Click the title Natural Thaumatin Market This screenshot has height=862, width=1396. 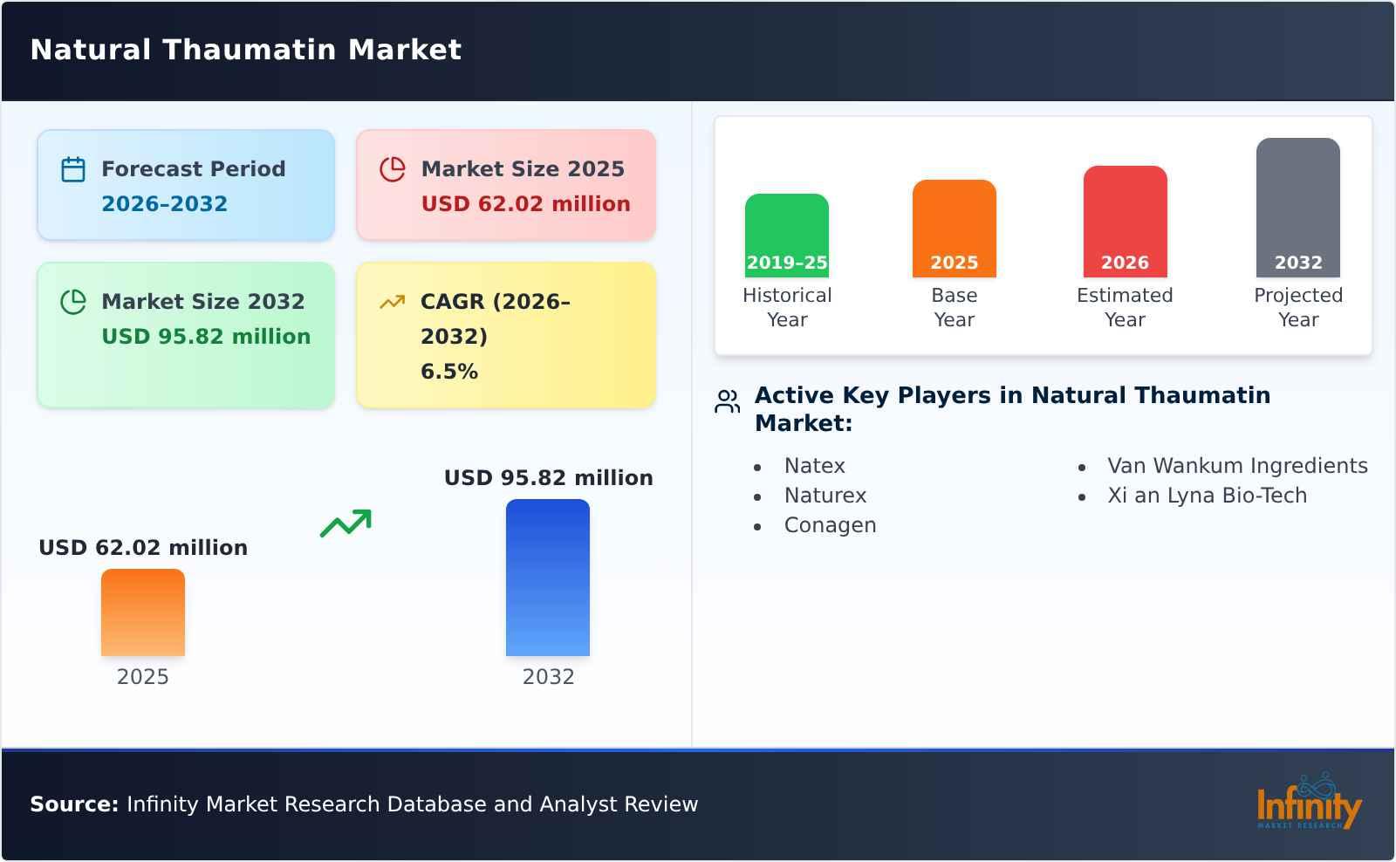(x=245, y=50)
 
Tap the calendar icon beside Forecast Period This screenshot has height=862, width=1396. (x=73, y=169)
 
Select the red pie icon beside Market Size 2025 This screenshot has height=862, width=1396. (x=393, y=169)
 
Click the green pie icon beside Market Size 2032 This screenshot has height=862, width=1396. (x=73, y=302)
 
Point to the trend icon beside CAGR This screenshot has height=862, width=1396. (x=393, y=302)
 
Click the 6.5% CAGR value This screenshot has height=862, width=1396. (x=449, y=372)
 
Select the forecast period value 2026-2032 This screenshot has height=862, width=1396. (x=165, y=204)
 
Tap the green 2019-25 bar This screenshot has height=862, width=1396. (x=786, y=236)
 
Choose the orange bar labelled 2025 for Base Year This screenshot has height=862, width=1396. (x=955, y=229)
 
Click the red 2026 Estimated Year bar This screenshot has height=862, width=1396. (x=1125, y=222)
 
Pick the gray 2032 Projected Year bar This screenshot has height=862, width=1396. (x=1298, y=208)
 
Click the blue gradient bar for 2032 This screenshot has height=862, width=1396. (x=548, y=578)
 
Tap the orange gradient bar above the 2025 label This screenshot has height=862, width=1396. (x=143, y=612)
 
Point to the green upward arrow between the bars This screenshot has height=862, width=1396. (x=346, y=523)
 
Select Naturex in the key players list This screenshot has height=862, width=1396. (x=825, y=496)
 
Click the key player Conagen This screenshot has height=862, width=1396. (x=830, y=525)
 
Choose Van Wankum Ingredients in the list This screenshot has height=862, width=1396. (x=1238, y=466)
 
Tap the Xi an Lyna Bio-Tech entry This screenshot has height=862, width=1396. (x=1208, y=496)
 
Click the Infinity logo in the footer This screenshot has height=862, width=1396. (x=1310, y=801)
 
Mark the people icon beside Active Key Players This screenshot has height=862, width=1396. (x=728, y=401)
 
